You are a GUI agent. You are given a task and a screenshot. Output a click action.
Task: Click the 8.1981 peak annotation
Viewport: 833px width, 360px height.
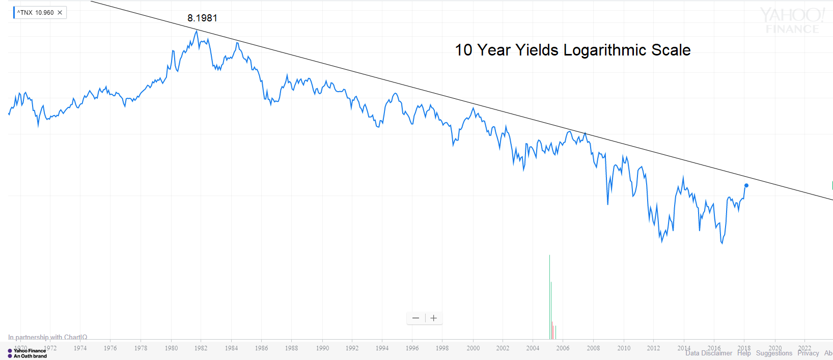[202, 18]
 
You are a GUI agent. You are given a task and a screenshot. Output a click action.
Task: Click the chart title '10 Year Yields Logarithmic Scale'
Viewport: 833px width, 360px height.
[572, 50]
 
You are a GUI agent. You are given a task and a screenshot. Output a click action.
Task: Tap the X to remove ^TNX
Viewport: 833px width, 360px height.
[60, 13]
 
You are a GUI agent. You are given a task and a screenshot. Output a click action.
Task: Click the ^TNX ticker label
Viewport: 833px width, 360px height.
[25, 13]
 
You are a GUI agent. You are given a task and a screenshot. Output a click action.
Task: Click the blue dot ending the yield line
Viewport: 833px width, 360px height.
[746, 185]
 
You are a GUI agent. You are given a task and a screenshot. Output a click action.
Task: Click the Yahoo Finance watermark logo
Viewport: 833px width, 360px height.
[792, 21]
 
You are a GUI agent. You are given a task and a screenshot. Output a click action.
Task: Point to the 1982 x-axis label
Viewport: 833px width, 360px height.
[201, 348]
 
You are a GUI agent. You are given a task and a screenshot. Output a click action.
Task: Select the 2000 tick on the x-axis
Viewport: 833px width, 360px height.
[473, 348]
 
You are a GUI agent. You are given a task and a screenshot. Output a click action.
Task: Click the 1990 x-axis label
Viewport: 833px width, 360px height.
[322, 348]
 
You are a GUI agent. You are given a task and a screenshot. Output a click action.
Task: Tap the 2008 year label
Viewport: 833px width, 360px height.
[593, 348]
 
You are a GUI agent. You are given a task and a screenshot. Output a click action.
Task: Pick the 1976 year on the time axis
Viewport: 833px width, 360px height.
[110, 348]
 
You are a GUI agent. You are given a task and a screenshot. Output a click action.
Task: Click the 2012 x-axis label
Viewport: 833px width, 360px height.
[653, 348]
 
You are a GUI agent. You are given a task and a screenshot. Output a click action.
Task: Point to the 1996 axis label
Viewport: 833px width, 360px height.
[412, 348]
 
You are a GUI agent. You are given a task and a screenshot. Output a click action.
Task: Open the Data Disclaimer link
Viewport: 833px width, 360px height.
[708, 353]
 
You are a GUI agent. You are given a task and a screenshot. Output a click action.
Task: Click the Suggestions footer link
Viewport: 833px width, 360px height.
[774, 353]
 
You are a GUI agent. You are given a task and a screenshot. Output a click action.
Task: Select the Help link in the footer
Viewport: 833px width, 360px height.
[744, 353]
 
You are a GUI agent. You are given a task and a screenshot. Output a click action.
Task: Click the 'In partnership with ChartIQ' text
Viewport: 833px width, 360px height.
[47, 337]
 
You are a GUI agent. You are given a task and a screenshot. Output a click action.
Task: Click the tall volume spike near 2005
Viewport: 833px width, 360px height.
[549, 295]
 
